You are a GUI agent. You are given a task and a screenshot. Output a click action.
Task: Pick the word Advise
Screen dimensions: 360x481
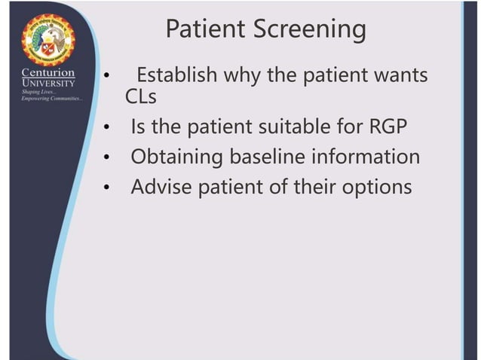(161, 187)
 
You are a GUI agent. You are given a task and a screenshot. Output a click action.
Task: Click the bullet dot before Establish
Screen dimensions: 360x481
(107, 78)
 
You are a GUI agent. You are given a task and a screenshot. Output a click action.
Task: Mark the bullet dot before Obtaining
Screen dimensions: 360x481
(107, 157)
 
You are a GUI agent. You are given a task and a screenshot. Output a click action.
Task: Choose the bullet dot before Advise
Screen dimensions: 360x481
(107, 188)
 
